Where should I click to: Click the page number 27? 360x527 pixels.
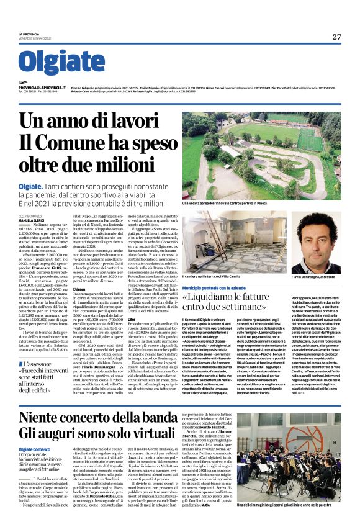336,37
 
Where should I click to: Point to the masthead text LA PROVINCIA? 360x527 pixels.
29,34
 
